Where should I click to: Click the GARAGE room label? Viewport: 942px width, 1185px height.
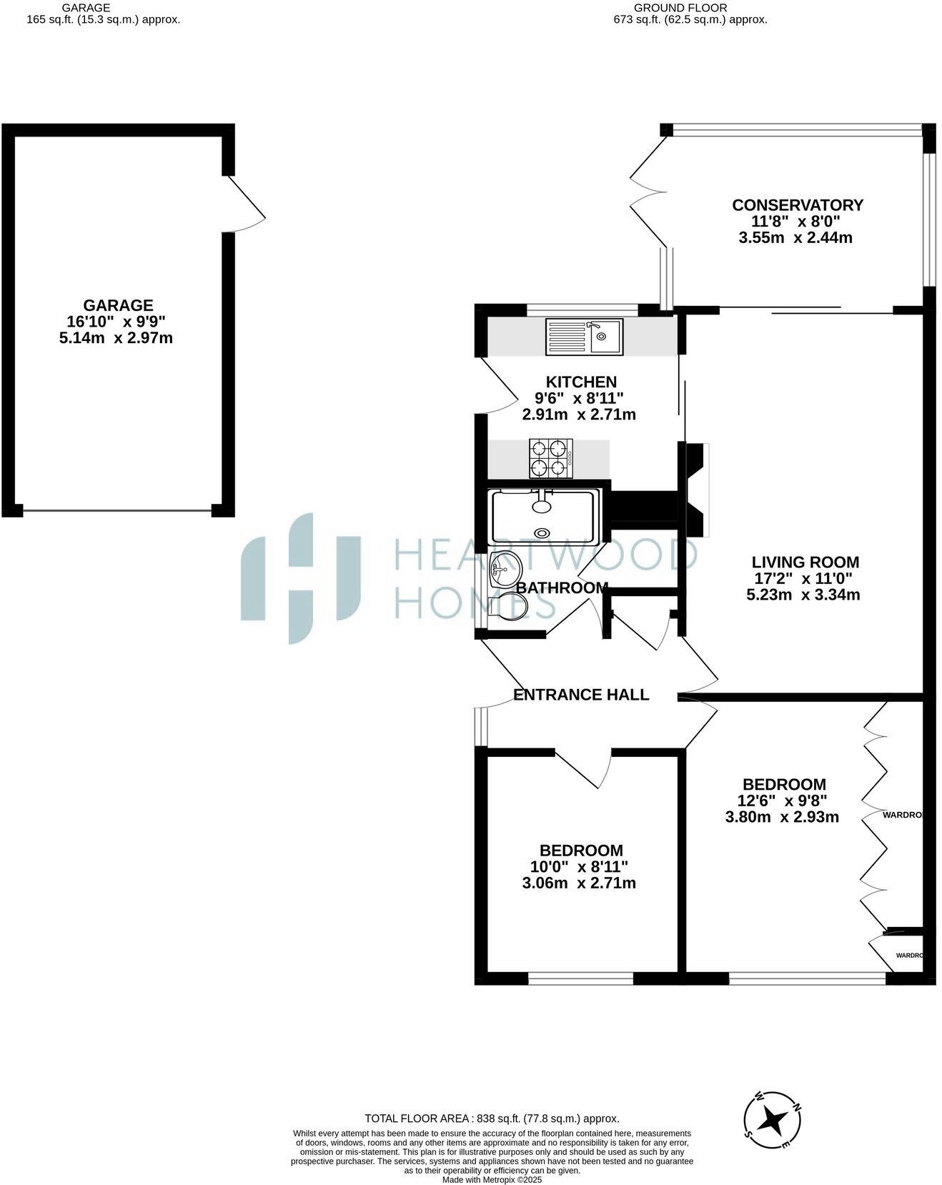pos(118,306)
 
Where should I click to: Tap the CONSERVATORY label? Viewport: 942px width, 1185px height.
pos(798,205)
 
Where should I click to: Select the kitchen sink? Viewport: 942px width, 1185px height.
pos(585,337)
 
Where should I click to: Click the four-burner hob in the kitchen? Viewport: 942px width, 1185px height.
pos(550,458)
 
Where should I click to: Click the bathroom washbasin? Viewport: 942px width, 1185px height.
pos(505,570)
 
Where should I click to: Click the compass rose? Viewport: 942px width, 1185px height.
pos(772,1120)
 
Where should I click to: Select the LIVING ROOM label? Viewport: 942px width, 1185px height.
pos(805,562)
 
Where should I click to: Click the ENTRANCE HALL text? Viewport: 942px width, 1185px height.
pos(581,695)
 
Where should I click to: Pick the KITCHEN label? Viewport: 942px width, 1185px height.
pos(581,382)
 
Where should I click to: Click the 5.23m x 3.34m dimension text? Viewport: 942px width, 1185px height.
pos(803,595)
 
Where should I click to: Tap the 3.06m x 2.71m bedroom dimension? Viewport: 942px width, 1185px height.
pos(579,883)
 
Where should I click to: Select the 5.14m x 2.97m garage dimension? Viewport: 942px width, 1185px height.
pos(116,338)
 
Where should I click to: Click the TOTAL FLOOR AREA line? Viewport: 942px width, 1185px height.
pos(492,1119)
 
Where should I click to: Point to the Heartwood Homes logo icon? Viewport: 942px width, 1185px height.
pos(301,577)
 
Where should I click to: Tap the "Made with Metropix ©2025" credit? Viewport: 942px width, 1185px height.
pos(492,1180)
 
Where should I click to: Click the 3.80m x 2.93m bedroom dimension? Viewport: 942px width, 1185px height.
pos(782,817)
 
